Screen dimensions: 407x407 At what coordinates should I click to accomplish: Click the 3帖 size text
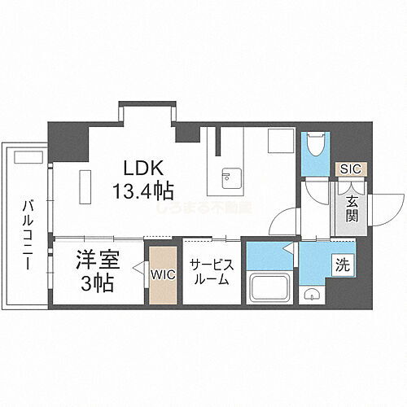click(x=98, y=285)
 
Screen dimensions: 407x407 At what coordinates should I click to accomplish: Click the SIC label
click(x=350, y=169)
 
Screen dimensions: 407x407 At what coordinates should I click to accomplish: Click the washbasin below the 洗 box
click(x=312, y=295)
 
